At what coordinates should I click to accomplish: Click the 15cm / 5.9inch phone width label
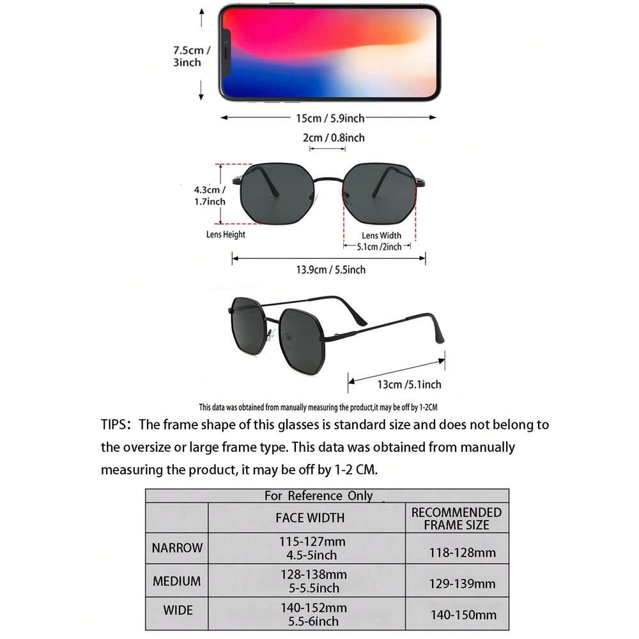(x=330, y=118)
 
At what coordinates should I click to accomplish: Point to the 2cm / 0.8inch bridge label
(x=334, y=137)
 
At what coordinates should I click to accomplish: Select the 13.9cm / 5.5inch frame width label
(x=330, y=270)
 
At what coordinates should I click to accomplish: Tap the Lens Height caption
(x=226, y=235)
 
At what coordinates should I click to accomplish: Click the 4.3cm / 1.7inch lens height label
(x=210, y=196)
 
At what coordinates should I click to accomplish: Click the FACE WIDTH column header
(x=310, y=518)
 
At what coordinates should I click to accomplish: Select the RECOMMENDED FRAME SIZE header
(x=456, y=518)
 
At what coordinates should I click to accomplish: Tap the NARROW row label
(x=177, y=548)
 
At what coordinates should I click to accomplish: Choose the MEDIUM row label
(x=177, y=581)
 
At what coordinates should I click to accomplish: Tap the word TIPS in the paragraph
(x=115, y=425)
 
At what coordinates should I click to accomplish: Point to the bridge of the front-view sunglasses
(x=330, y=180)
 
